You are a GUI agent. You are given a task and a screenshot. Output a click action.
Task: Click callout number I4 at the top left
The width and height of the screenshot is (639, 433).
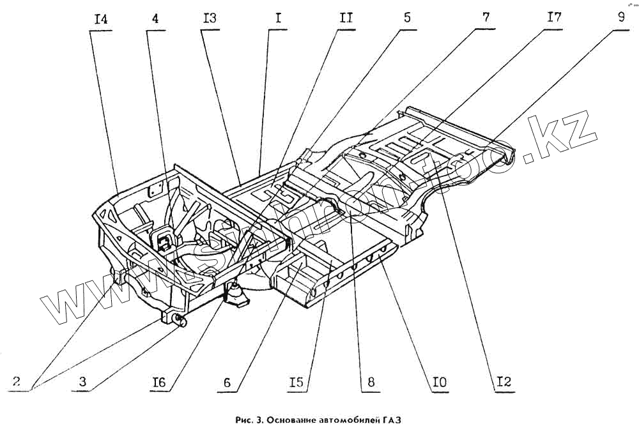click(100, 19)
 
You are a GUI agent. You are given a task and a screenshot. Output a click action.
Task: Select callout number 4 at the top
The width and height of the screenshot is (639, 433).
click(155, 19)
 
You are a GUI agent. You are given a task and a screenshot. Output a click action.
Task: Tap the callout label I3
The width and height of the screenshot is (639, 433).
click(210, 19)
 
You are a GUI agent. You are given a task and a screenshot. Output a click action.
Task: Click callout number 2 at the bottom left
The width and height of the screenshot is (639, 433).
click(17, 382)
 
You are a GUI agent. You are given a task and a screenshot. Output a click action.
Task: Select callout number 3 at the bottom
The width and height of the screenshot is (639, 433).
click(82, 382)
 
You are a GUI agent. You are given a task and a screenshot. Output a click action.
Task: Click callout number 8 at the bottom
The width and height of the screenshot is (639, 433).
click(371, 382)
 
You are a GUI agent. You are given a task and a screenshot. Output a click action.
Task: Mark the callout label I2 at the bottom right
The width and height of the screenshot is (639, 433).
click(505, 383)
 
